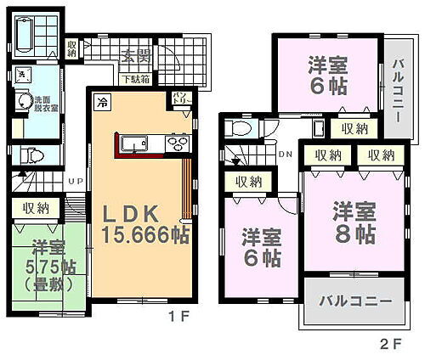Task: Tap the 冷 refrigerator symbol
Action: (x=101, y=104)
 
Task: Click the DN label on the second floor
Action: (x=286, y=155)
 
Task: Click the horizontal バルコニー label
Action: (x=355, y=302)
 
